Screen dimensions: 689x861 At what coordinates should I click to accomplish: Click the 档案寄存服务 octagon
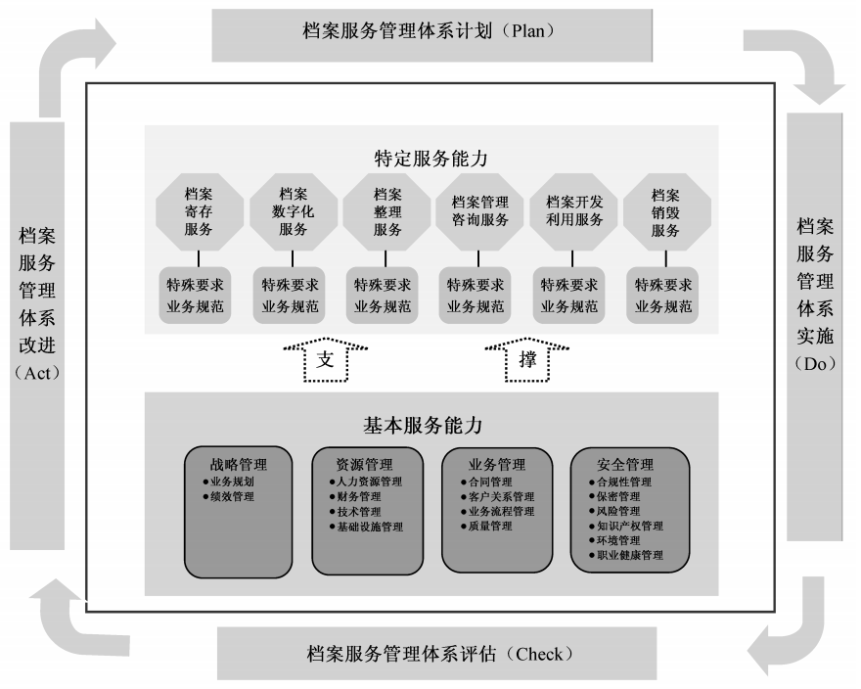[x=199, y=213]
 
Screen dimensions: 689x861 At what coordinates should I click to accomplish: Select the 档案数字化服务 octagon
[x=293, y=213]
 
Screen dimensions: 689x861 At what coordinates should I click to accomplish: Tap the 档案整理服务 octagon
[x=386, y=213]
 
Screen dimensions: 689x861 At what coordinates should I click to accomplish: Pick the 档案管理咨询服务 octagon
[x=479, y=213]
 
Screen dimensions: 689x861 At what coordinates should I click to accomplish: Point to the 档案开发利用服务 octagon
[x=573, y=213]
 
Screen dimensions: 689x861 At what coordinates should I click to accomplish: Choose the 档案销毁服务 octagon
[x=666, y=213]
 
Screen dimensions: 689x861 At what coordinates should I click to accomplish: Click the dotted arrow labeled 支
[x=326, y=359]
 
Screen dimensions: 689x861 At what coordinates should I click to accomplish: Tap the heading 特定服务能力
[x=430, y=158]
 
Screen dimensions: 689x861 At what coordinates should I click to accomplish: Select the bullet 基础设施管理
[x=369, y=527]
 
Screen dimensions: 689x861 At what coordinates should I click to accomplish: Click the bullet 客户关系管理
[x=501, y=497]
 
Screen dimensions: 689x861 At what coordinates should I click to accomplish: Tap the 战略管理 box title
[x=238, y=465]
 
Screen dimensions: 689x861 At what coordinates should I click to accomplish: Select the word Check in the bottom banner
[x=539, y=653]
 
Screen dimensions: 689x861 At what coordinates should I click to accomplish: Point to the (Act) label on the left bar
[x=38, y=372]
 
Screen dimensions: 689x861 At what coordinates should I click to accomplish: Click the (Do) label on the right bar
[x=815, y=364]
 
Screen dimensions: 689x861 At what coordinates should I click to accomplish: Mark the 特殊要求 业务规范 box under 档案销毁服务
[x=666, y=296]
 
